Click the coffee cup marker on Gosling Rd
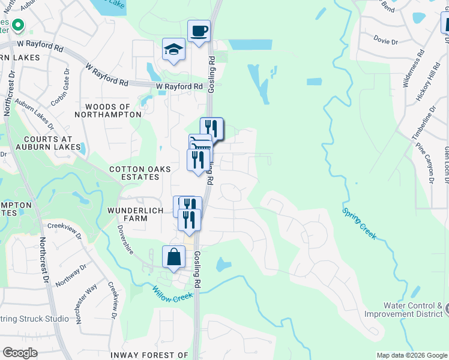[x=199, y=31]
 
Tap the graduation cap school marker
[x=173, y=49]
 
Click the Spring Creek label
[x=360, y=223]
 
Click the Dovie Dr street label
[x=385, y=41]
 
